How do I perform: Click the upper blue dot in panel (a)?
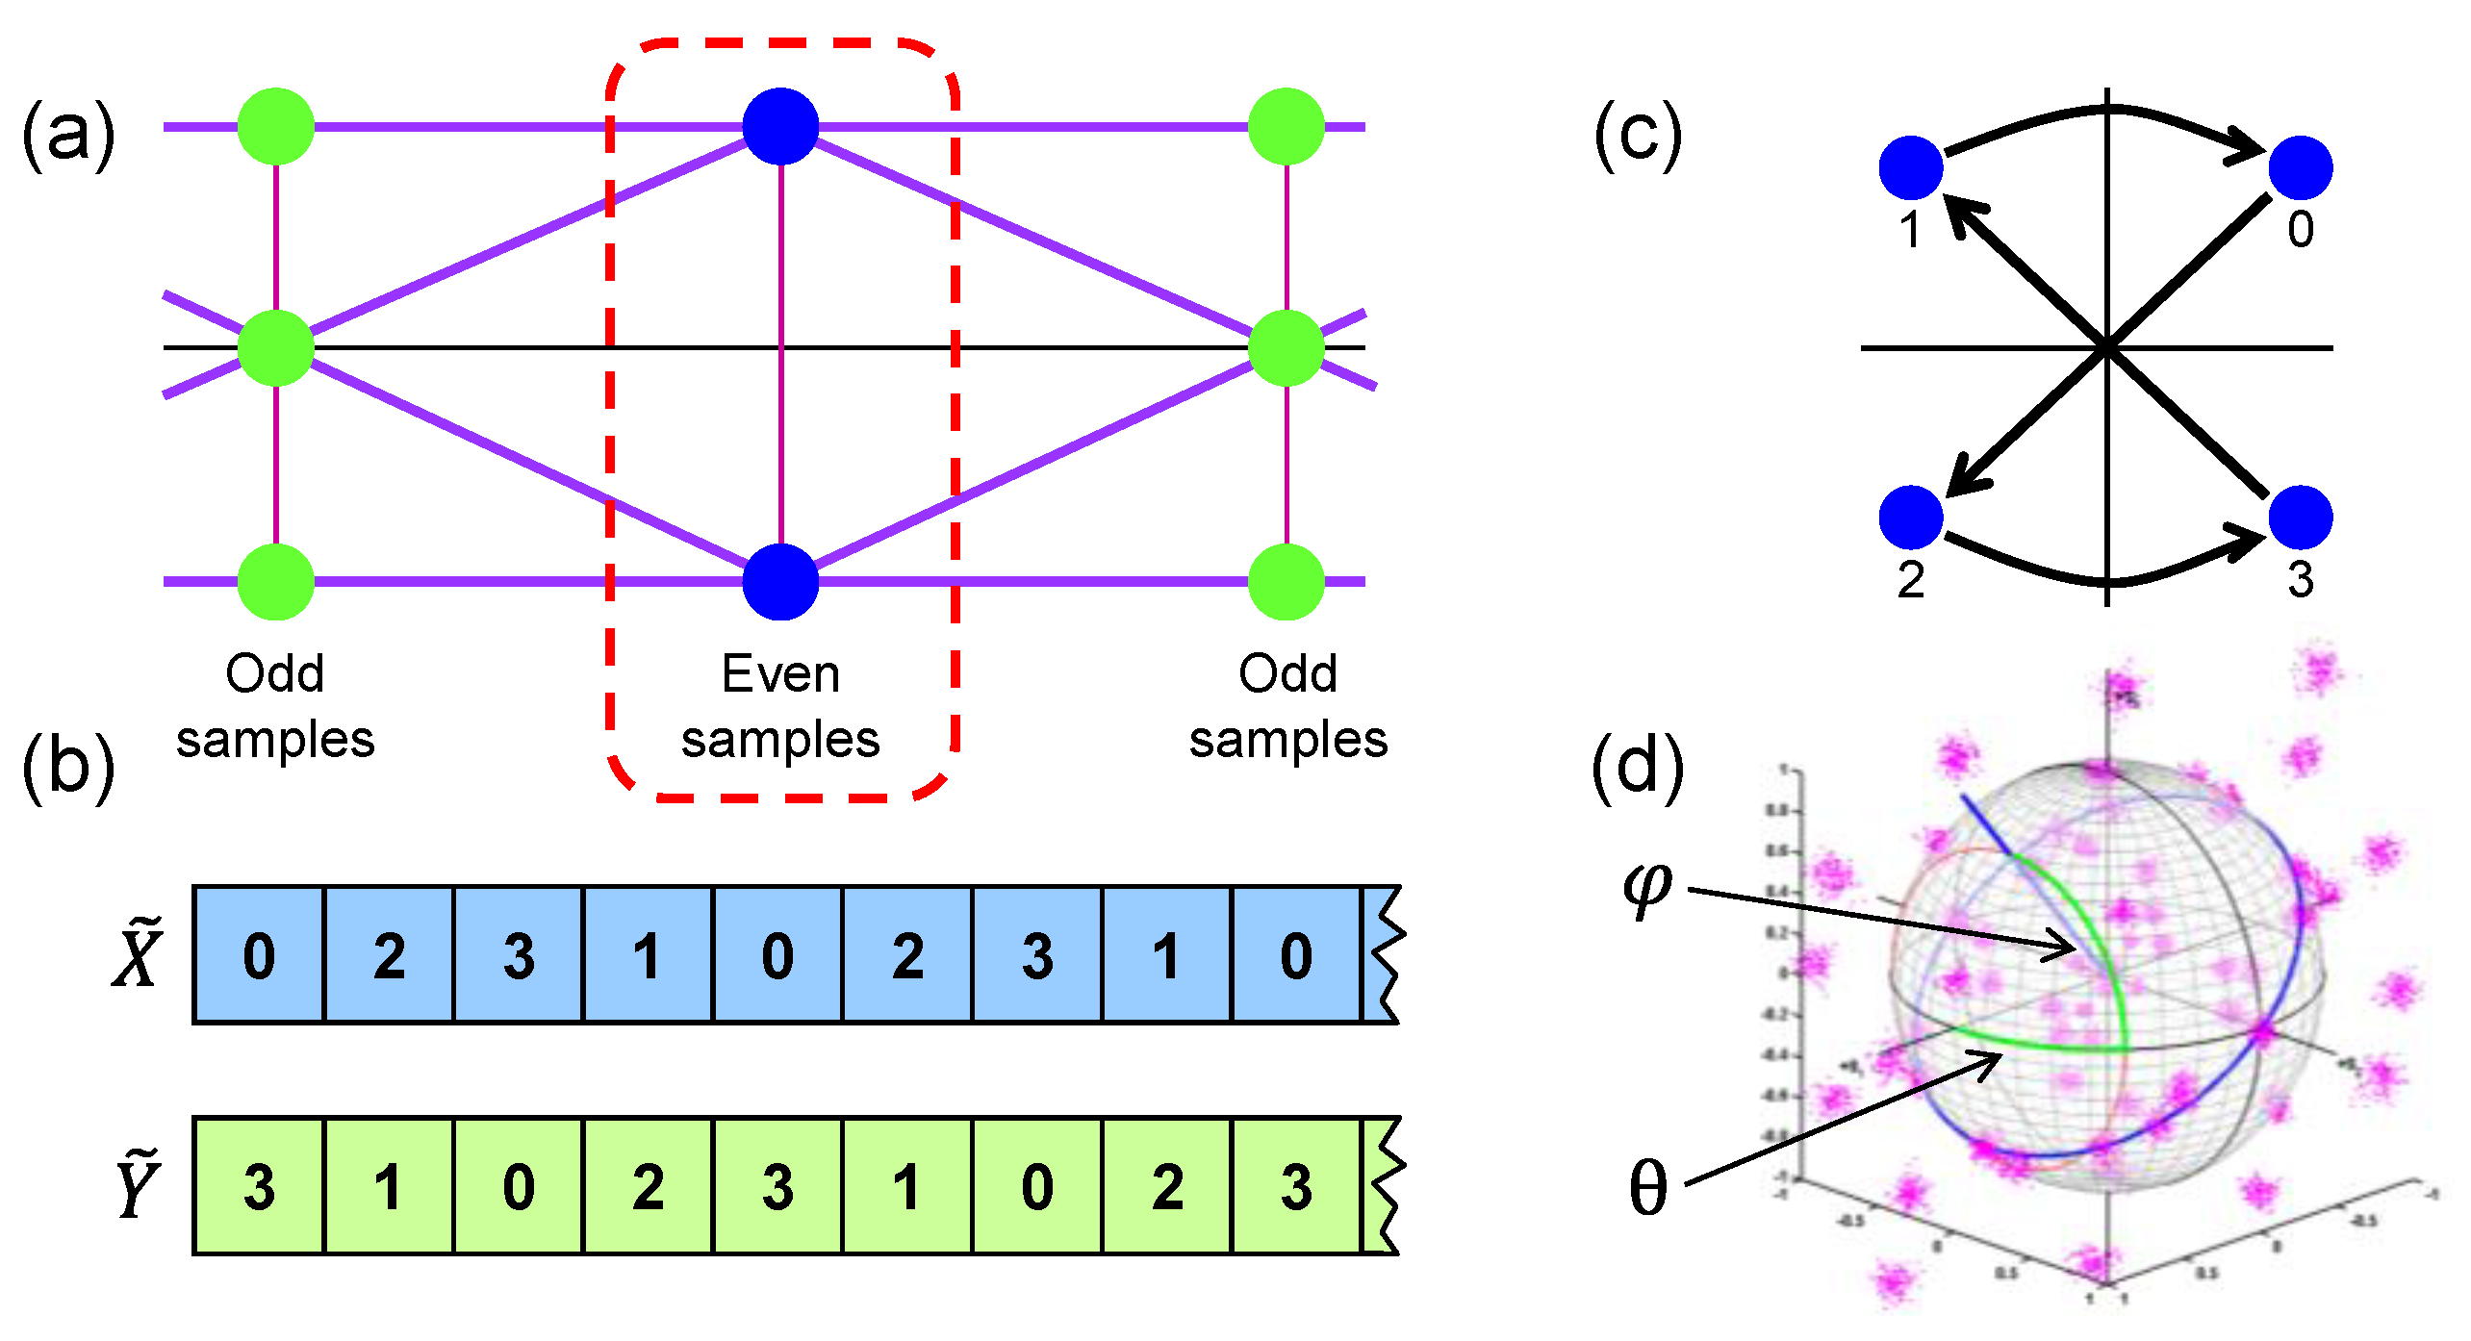pyautogui.click(x=780, y=126)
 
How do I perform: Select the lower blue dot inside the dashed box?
pyautogui.click(x=780, y=582)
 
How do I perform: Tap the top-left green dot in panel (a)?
pyautogui.click(x=276, y=126)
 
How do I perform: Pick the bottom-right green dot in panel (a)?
pyautogui.click(x=1286, y=582)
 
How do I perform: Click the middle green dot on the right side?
pyautogui.click(x=1286, y=347)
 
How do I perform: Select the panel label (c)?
pyautogui.click(x=1638, y=135)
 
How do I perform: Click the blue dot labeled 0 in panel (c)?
pyautogui.click(x=2300, y=167)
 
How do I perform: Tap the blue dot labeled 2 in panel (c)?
pyautogui.click(x=1911, y=518)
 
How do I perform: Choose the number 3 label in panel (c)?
pyautogui.click(x=2300, y=579)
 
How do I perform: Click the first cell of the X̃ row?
pyautogui.click(x=259, y=955)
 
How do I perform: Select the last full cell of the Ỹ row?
pyautogui.click(x=1296, y=1186)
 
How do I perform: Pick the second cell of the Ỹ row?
pyautogui.click(x=389, y=1186)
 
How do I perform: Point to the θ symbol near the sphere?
pyautogui.click(x=1646, y=1187)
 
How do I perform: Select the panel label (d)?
pyautogui.click(x=1638, y=768)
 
